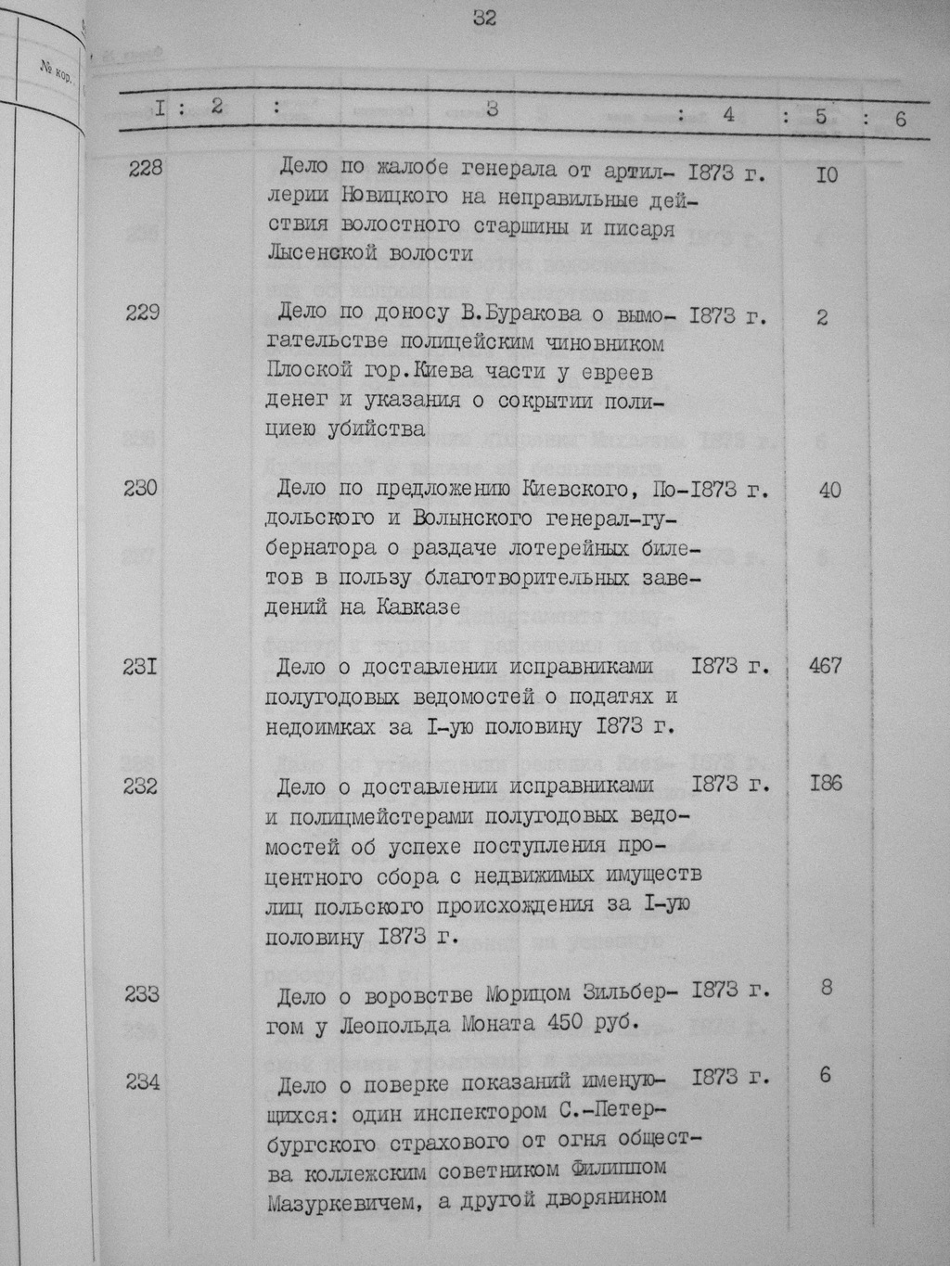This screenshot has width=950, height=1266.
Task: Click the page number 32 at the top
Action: [x=484, y=18]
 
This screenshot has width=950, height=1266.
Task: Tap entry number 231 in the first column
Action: [x=143, y=665]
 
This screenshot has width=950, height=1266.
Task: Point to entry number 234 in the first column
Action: [x=143, y=1081]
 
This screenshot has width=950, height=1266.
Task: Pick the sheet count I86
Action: [x=824, y=784]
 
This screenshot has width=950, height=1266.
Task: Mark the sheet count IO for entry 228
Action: [x=826, y=173]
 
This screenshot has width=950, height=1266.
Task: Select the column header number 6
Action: [x=899, y=119]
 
